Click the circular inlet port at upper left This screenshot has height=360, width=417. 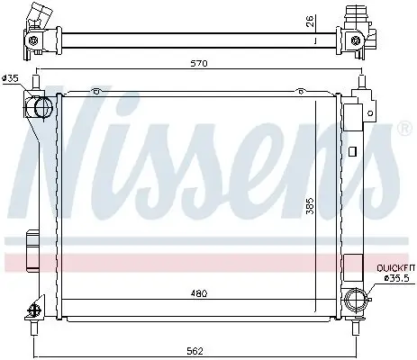point(41,109)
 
